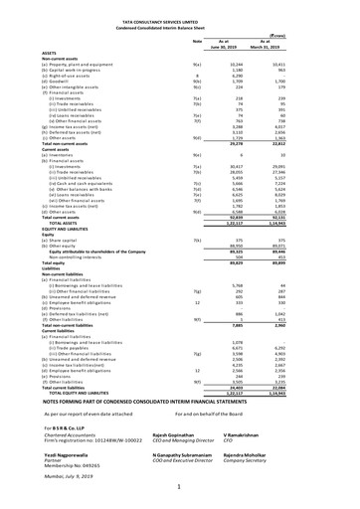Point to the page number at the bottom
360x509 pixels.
[180, 495]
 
